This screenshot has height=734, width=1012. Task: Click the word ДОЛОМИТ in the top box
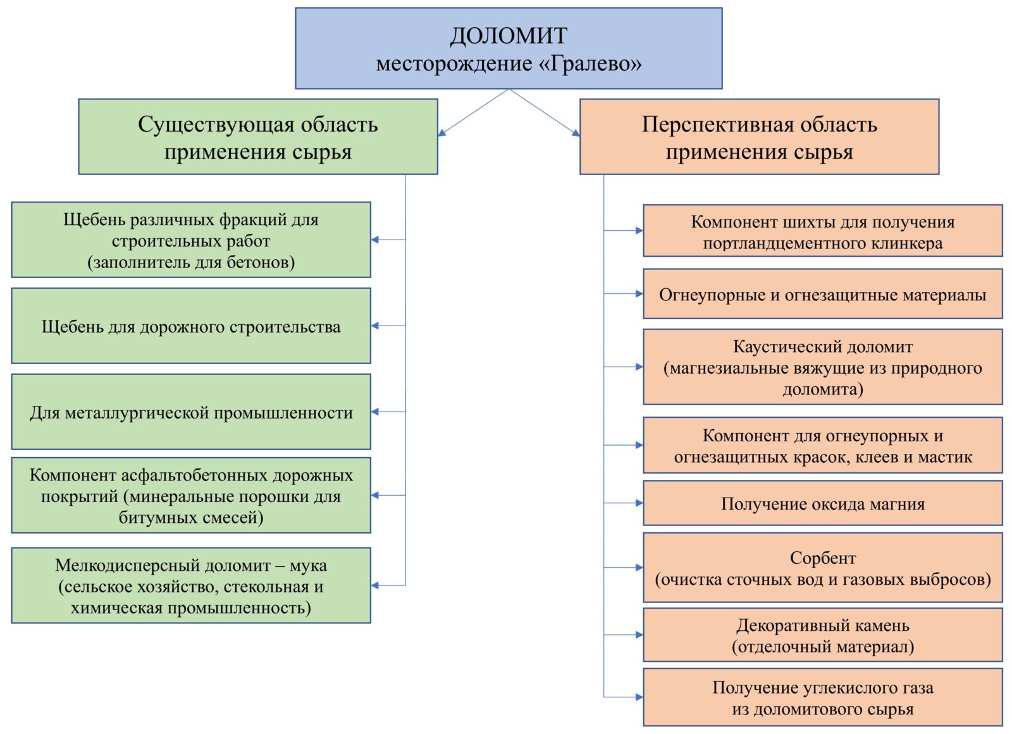tap(509, 35)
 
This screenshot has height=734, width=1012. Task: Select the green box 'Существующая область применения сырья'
tap(258, 137)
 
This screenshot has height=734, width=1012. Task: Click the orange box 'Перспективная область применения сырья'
tap(760, 137)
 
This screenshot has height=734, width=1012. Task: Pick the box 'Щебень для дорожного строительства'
tap(191, 326)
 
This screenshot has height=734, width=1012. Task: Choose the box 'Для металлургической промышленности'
tap(191, 412)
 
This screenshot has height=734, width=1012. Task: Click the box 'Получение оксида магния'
tap(823, 503)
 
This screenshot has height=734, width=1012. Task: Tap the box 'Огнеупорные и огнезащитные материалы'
tap(823, 294)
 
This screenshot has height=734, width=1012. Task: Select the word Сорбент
tap(823, 558)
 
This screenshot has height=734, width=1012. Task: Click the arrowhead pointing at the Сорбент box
tap(639, 567)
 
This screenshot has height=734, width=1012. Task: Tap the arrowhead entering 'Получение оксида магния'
tap(639, 503)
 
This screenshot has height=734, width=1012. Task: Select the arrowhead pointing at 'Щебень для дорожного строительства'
tap(375, 326)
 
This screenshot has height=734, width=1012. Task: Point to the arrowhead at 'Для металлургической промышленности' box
tap(375, 412)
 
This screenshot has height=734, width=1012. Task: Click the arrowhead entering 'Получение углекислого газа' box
tap(639, 697)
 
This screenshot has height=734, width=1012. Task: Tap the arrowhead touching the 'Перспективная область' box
tap(576, 133)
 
